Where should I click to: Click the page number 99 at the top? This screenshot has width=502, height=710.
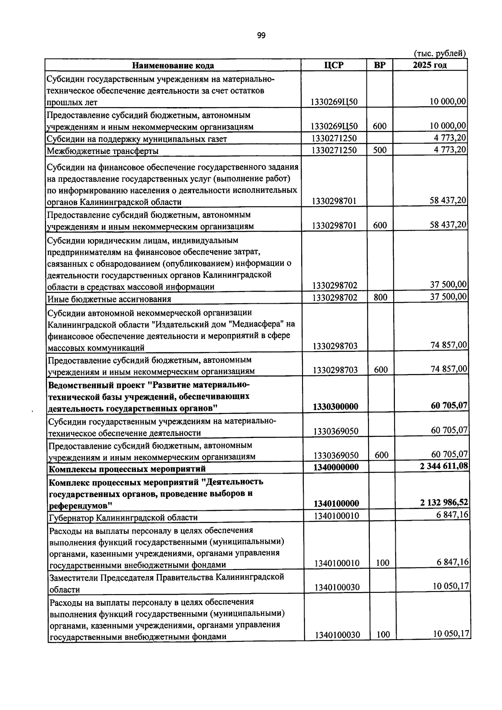coord(261,36)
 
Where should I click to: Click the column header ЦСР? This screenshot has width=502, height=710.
coord(333,65)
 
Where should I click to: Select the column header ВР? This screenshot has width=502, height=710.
coord(379,65)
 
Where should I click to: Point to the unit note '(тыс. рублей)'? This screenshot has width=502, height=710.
coord(439,54)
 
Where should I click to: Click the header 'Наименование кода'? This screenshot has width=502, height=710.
coord(173,66)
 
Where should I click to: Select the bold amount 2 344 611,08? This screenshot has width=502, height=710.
coord(444,466)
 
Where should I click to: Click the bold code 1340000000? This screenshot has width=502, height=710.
coord(336,467)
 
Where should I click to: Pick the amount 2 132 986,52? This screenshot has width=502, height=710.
coord(444,502)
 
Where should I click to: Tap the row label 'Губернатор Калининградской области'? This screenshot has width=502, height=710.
coord(123,518)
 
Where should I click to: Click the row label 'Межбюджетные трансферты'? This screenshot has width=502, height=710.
coord(102,151)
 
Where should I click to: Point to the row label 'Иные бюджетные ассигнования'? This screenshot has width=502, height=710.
coord(109,299)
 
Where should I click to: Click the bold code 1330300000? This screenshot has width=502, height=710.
coord(336,407)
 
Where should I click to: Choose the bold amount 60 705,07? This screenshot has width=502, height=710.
coord(449,405)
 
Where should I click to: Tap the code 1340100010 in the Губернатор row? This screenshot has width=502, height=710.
coord(336,516)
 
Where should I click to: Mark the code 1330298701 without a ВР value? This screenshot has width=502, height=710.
coord(334,201)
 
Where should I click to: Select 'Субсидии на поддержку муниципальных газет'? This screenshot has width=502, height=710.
coord(137,139)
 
